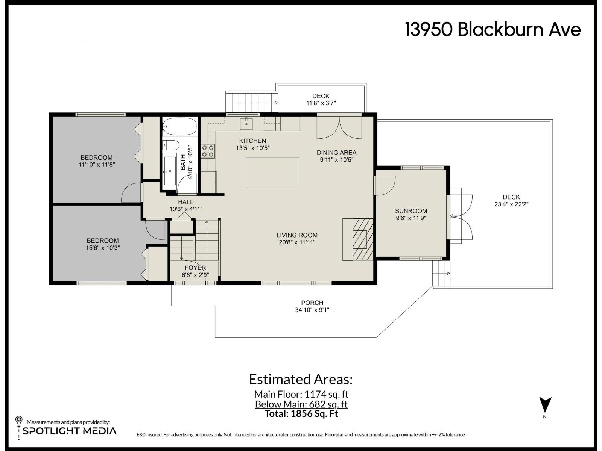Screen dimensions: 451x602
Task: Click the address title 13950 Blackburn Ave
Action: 493,30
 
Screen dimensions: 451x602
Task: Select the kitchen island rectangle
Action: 272,173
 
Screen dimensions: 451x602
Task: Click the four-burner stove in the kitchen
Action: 208,151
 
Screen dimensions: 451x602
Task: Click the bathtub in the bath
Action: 180,127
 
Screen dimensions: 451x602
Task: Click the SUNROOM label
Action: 411,211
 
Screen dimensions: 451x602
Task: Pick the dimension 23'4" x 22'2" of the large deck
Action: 511,204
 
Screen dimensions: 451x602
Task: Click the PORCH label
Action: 312,303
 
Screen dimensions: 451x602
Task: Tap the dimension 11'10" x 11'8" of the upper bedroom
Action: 97,165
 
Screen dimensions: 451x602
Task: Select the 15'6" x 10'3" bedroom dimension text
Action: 103,248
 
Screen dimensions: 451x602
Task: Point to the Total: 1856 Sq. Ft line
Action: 301,414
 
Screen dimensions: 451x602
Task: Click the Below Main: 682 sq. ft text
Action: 301,404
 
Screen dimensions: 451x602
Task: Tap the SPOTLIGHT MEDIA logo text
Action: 70,431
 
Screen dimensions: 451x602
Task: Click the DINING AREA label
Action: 336,153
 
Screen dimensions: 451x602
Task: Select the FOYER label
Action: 195,268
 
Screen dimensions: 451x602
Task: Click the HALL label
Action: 185,202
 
